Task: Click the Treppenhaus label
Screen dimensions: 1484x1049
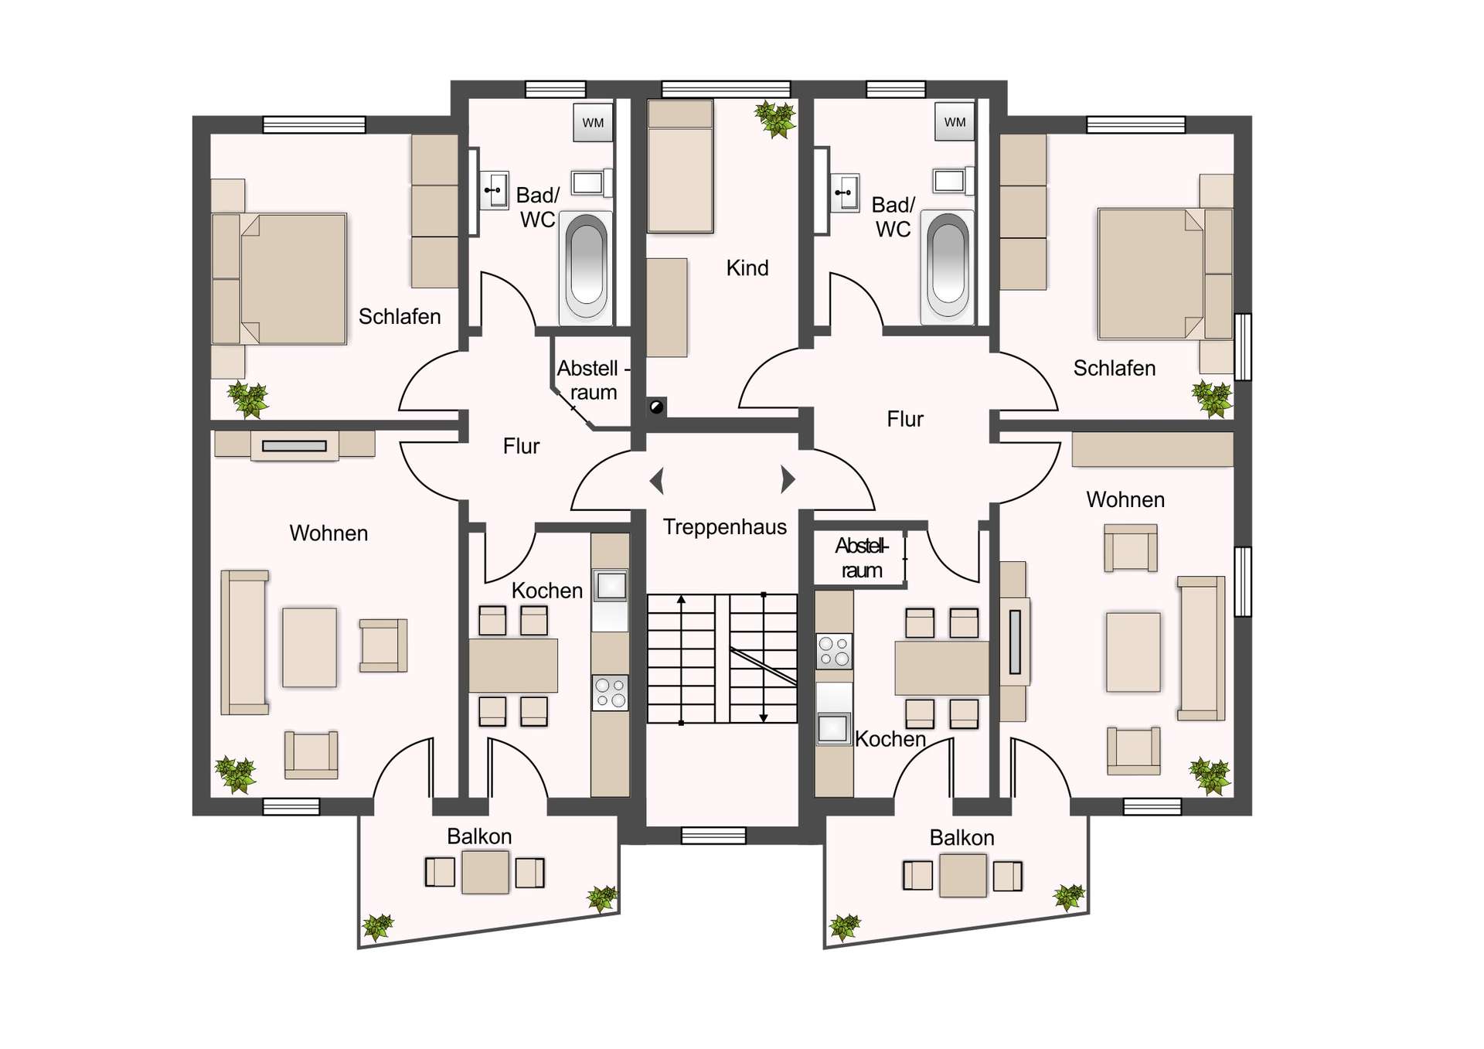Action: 724,528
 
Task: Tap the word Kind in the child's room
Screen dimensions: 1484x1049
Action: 747,268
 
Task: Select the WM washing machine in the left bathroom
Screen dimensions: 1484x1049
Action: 593,123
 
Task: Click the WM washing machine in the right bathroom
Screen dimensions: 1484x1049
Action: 955,122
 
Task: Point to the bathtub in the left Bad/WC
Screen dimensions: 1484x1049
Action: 587,267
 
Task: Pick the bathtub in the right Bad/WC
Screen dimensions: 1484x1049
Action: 948,267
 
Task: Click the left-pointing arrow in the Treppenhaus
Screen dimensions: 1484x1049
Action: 657,480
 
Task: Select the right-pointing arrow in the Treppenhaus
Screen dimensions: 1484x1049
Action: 788,479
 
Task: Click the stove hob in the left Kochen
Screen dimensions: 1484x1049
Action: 610,693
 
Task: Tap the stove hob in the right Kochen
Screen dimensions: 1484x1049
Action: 835,651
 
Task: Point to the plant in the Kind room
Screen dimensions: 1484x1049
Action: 774,119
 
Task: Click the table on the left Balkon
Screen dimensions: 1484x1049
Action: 485,872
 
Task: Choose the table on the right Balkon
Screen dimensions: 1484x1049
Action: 962,875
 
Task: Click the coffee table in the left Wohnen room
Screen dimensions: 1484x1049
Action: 309,647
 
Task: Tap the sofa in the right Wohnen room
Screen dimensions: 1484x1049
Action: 1201,648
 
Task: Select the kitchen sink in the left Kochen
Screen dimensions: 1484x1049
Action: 611,586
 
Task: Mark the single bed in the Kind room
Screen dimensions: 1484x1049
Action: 680,166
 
